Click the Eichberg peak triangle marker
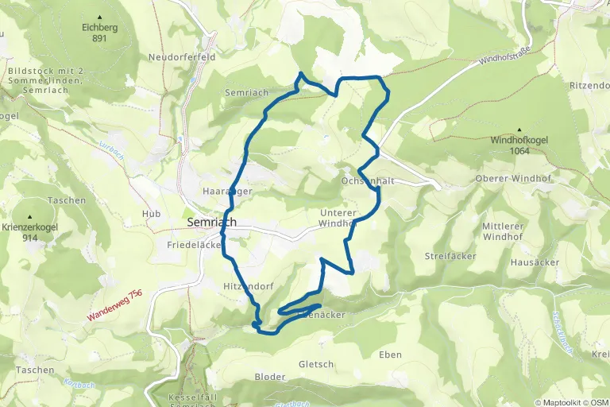coord(99,17)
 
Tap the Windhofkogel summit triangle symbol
coord(520,130)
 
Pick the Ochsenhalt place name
coord(369,181)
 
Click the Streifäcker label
coord(450,257)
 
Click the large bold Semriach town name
coord(211,223)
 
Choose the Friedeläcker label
coord(193,246)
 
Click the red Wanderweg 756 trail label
coord(114,305)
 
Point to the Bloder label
coord(269,377)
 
